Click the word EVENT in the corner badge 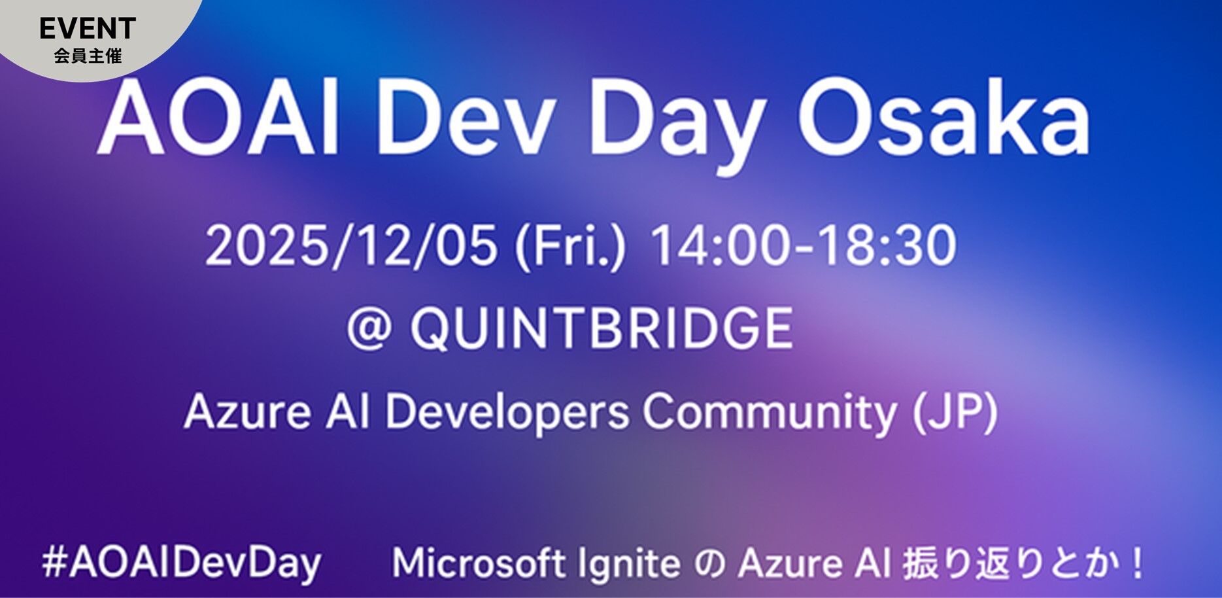[88, 28]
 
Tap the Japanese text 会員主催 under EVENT [88, 56]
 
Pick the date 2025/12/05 [350, 246]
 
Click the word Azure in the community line [246, 412]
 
